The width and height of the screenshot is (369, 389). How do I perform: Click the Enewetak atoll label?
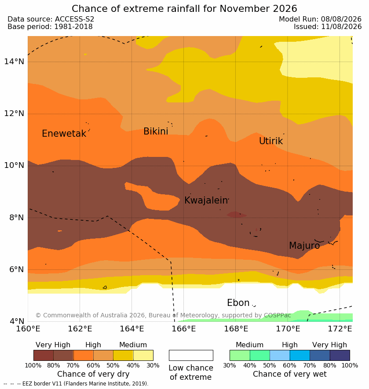(64, 134)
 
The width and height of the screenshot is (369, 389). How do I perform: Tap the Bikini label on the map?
(156, 131)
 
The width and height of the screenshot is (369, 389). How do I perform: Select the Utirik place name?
(271, 141)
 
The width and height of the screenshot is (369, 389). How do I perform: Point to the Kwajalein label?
(206, 200)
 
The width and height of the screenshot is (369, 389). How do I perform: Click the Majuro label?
(304, 246)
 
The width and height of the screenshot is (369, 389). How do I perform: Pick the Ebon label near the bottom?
(238, 303)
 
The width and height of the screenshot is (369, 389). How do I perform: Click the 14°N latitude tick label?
(14, 61)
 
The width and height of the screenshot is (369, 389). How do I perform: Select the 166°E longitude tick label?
(184, 329)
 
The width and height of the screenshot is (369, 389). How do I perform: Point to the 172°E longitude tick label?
(340, 329)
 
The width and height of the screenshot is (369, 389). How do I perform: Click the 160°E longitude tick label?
(28, 329)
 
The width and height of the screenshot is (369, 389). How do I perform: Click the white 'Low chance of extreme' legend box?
(191, 355)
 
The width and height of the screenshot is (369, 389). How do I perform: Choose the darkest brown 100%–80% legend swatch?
(44, 355)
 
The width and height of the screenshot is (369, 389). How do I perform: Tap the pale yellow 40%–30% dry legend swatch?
(143, 355)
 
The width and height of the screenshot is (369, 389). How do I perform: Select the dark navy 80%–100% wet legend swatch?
(340, 355)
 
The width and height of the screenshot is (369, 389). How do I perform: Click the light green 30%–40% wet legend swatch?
(240, 355)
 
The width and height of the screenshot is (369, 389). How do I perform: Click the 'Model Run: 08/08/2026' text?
(320, 19)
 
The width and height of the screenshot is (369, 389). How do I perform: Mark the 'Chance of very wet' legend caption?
(289, 374)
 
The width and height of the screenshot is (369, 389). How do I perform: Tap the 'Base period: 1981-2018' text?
(50, 26)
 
